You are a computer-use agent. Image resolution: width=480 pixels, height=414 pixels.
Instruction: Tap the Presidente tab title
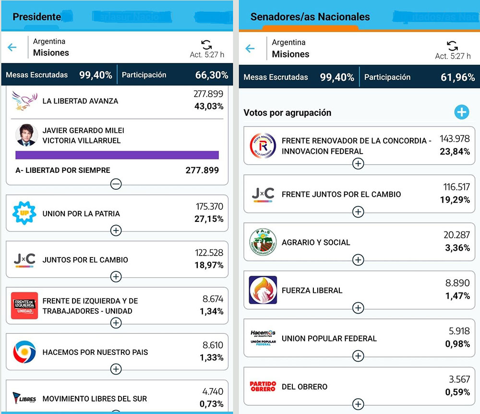[37, 17]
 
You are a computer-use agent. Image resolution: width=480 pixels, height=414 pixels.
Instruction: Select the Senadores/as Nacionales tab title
[310, 17]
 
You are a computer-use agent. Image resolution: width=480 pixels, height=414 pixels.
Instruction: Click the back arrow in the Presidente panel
[12, 47]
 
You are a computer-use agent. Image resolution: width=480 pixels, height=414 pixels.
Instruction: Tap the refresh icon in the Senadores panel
[452, 46]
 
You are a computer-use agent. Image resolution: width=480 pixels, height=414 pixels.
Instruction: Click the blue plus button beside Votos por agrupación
[461, 112]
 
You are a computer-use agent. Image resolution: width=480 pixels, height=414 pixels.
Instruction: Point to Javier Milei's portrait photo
[27, 135]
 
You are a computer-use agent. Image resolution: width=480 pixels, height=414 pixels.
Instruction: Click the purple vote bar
[117, 155]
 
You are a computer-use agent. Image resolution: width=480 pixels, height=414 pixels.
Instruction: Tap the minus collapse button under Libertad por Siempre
[116, 184]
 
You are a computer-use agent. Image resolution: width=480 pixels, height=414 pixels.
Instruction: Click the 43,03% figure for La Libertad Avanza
[209, 106]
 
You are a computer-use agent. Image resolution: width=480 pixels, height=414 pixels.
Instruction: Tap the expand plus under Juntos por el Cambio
[116, 277]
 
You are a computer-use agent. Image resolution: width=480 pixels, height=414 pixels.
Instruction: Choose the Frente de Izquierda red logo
[24, 306]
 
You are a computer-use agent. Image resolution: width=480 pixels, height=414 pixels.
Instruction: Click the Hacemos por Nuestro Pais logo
[24, 352]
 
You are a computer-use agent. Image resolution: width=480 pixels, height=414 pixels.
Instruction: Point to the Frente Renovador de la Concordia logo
[263, 146]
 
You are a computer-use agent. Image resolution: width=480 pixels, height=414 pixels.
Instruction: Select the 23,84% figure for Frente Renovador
[455, 152]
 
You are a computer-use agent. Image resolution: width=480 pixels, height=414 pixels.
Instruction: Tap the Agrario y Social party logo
[263, 242]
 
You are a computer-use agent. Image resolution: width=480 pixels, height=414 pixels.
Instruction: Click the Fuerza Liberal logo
[263, 290]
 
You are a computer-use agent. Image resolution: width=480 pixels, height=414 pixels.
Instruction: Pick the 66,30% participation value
[211, 75]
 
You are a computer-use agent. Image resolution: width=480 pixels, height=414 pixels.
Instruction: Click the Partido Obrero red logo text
[263, 386]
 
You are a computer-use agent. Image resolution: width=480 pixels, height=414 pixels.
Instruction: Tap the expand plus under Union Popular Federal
[358, 356]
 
